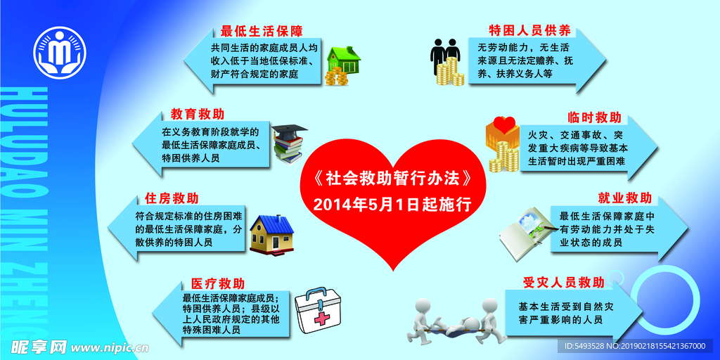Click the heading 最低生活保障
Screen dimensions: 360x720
click(x=261, y=31)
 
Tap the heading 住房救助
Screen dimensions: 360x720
click(x=171, y=198)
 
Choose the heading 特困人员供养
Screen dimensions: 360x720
click(x=529, y=31)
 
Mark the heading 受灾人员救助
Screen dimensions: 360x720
click(x=563, y=283)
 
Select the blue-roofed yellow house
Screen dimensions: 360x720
click(x=272, y=233)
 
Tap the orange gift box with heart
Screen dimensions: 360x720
click(x=501, y=131)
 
